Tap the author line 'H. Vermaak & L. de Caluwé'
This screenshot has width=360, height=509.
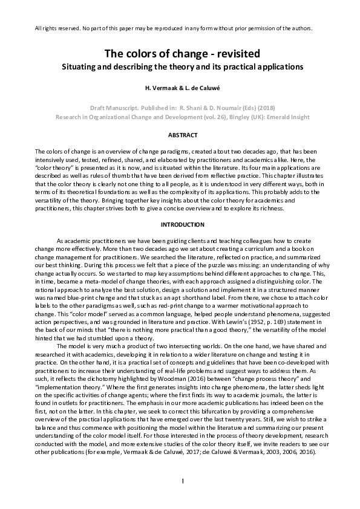(x=180, y=88)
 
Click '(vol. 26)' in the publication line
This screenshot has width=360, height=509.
(x=212, y=114)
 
